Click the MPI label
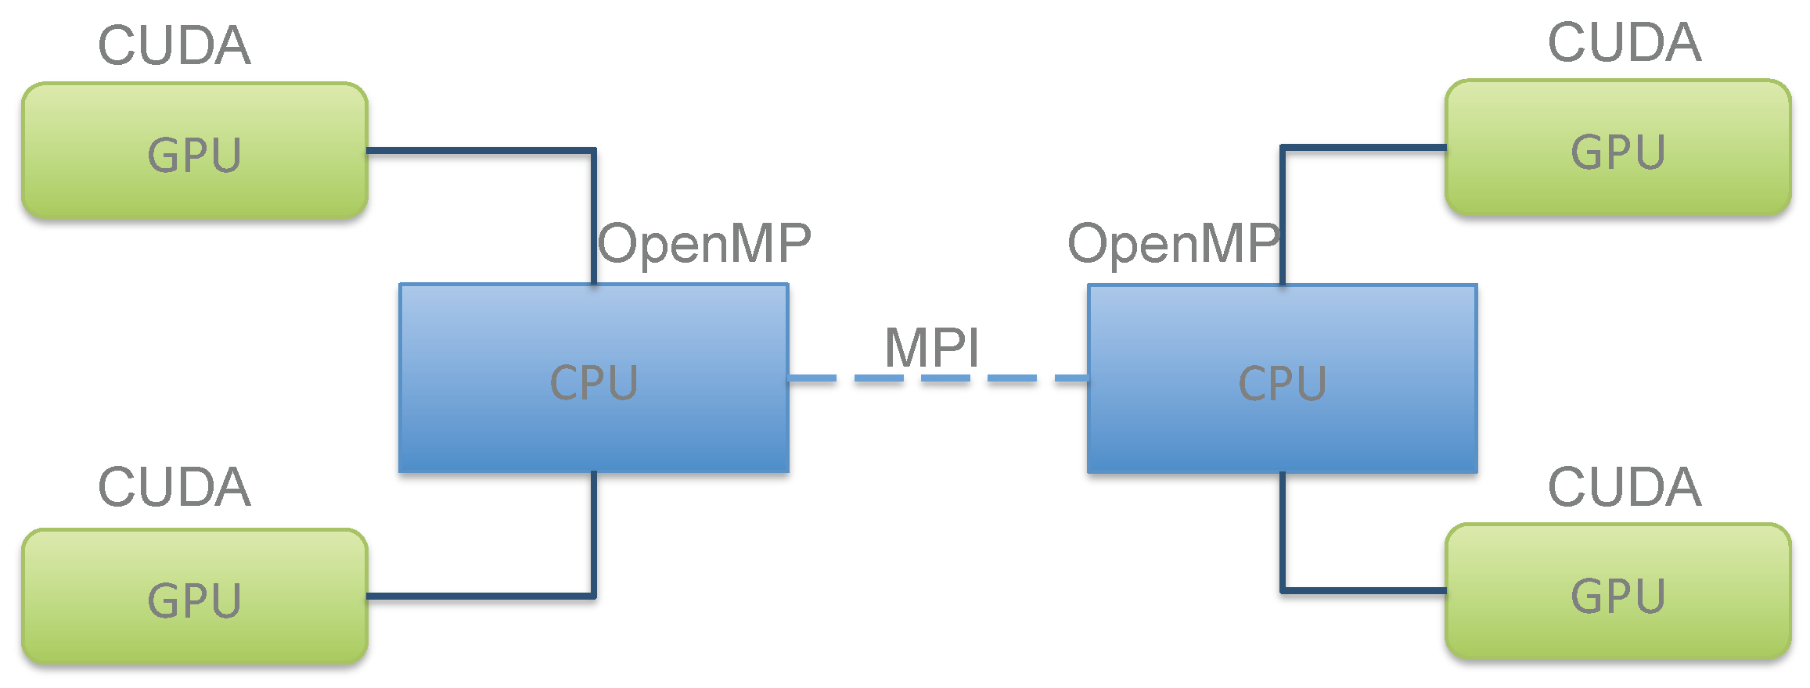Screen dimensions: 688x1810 931,347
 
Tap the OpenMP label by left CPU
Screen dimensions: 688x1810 704,243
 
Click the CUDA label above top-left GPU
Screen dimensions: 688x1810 174,45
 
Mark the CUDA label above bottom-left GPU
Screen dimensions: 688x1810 174,487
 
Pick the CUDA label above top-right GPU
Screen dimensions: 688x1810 1624,42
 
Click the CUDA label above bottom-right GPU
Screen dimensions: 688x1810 1624,487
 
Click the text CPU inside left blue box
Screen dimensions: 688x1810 594,383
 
